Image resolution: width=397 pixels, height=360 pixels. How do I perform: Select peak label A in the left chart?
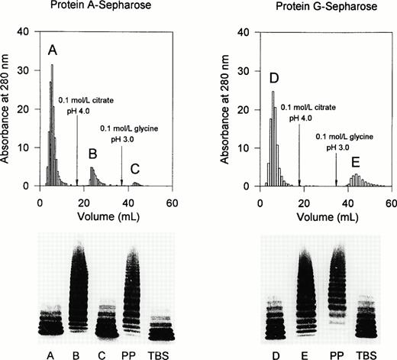pos(52,52)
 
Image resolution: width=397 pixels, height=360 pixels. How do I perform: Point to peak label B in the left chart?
pos(92,154)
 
